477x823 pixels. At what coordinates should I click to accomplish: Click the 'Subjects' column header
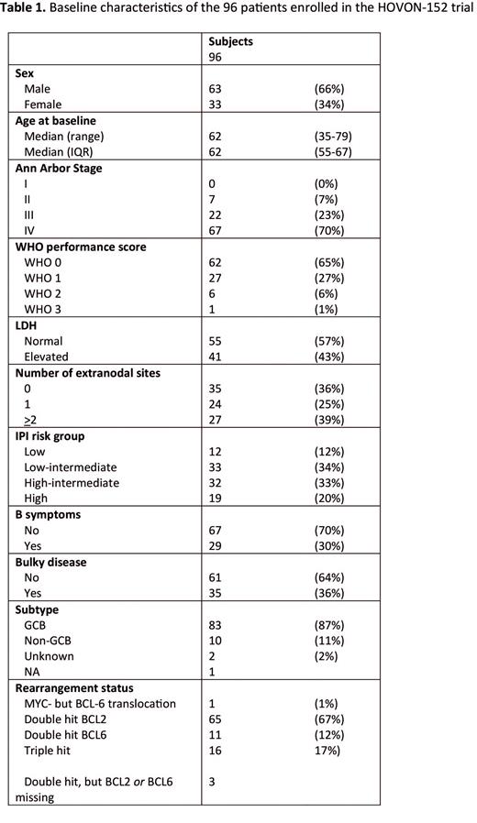pos(230,41)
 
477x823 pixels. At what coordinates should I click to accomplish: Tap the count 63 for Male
pos(216,89)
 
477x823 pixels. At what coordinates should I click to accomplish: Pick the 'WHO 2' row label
pos(44,293)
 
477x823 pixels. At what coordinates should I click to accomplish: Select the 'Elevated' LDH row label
pos(47,357)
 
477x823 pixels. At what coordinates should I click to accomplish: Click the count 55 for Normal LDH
pos(216,341)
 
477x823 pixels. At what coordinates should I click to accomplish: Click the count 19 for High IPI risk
pos(216,498)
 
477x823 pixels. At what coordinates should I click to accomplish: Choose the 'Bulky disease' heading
pos(51,562)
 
